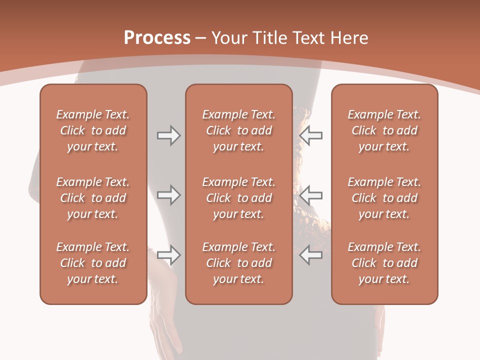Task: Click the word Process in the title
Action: (x=157, y=38)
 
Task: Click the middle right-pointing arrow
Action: (x=168, y=195)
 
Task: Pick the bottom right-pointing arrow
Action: (x=168, y=255)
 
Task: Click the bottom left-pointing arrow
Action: (x=311, y=255)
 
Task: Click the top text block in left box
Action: (x=93, y=130)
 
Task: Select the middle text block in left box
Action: (x=93, y=198)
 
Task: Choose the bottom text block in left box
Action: (x=93, y=263)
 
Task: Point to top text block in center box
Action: (x=238, y=130)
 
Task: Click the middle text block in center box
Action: (x=238, y=198)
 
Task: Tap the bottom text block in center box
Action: (x=238, y=263)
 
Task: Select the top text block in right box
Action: (x=384, y=130)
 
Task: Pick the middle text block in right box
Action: (x=384, y=198)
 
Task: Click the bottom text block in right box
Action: (x=384, y=263)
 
